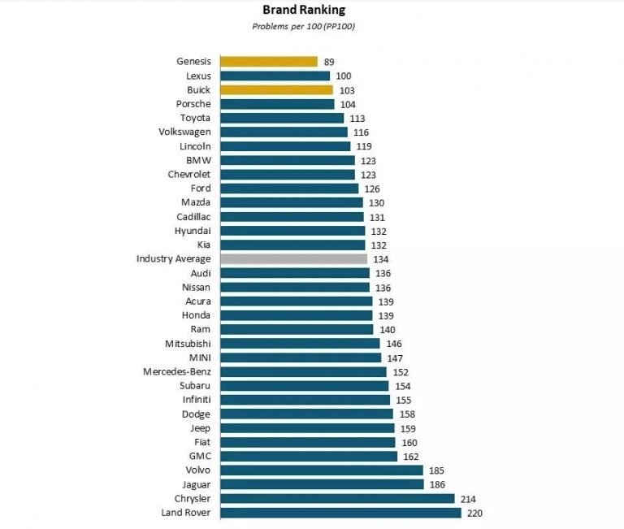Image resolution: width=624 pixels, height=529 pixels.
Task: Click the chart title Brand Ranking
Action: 303,11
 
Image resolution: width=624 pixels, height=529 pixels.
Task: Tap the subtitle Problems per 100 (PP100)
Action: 304,26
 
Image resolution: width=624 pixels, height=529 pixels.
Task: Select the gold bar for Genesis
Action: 269,62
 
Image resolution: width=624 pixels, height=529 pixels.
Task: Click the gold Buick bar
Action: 276,90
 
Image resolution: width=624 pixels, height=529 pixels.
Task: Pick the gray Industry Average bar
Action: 293,259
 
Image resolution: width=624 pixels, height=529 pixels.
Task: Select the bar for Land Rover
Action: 340,513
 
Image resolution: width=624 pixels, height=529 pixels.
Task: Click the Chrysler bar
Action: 338,498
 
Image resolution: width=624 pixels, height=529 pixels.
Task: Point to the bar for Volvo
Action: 322,470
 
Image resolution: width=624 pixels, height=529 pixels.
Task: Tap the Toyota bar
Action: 282,118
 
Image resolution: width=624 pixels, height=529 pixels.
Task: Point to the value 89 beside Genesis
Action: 328,62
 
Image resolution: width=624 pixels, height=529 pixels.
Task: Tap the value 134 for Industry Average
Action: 379,259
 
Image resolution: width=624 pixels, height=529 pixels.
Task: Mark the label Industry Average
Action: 174,259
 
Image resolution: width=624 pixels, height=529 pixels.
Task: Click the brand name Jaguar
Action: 195,484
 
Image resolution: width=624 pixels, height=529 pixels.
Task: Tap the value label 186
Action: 436,484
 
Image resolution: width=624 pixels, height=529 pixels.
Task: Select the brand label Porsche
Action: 193,104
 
